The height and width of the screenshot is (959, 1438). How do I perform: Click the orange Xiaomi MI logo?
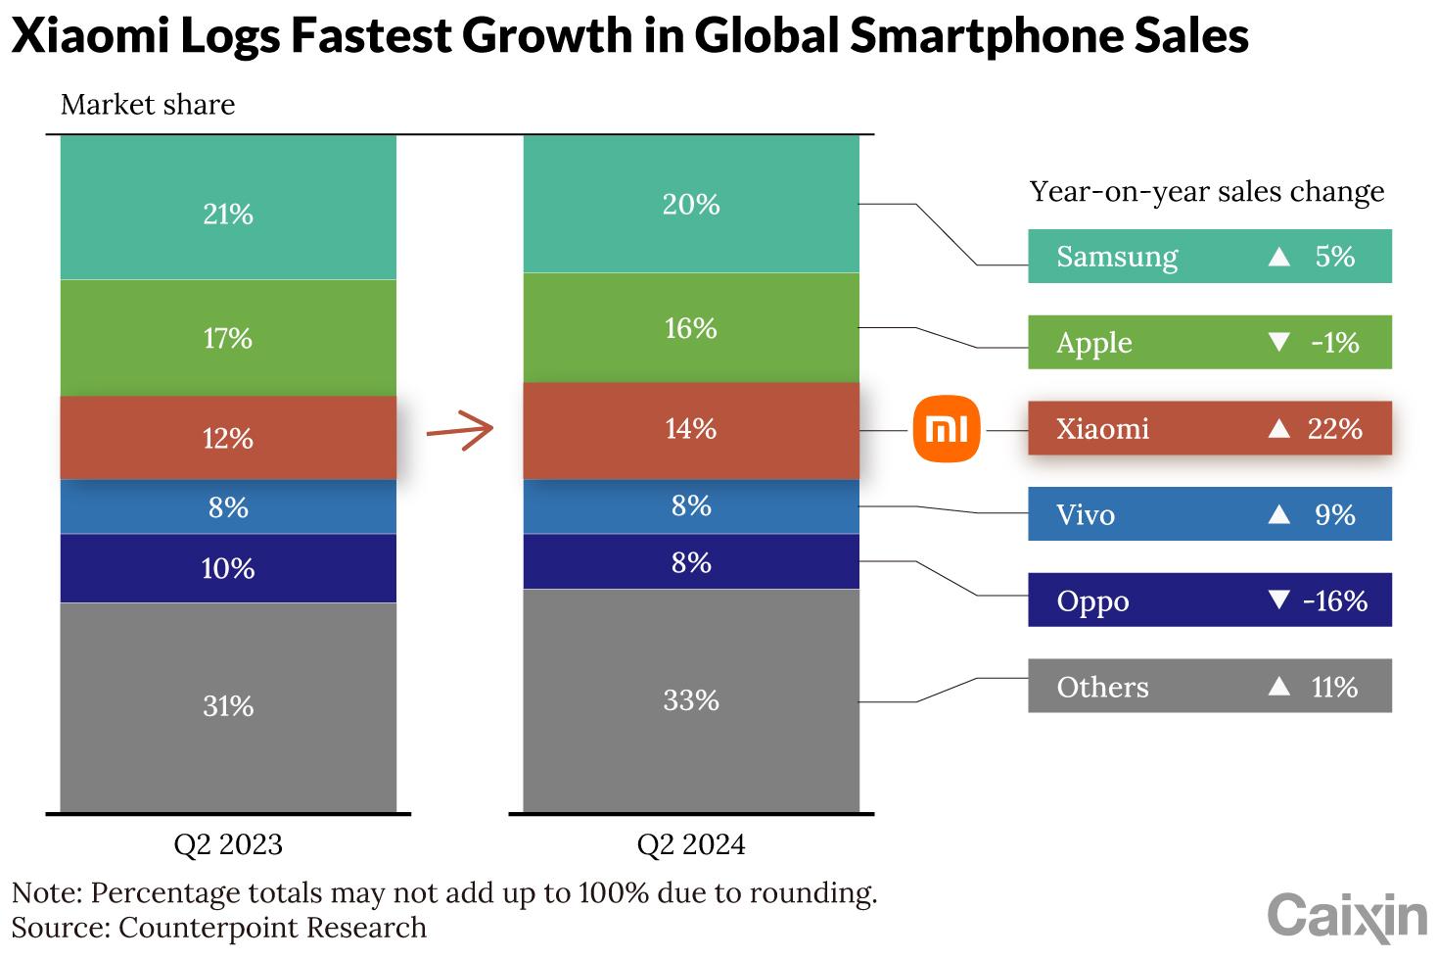(x=946, y=429)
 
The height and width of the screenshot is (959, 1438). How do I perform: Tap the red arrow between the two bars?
(x=460, y=430)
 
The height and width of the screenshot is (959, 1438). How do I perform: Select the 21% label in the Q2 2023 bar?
(x=228, y=214)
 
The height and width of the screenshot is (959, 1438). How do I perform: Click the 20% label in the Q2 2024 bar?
(x=691, y=204)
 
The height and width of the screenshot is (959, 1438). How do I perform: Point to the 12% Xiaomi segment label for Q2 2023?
(x=228, y=438)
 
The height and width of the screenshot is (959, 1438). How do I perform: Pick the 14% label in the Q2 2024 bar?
(x=691, y=428)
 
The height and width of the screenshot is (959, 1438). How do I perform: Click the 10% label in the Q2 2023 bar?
(x=228, y=568)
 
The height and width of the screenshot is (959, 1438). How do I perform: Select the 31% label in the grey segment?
(x=228, y=705)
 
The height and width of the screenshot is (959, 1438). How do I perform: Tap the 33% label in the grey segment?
(x=691, y=699)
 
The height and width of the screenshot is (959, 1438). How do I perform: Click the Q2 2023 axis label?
(x=228, y=844)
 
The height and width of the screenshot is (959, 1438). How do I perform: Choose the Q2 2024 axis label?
(x=691, y=844)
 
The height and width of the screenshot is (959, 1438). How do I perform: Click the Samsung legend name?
(x=1117, y=257)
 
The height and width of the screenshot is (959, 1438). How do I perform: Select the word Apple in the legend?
(x=1094, y=343)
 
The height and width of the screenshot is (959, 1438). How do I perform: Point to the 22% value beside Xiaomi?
(x=1335, y=428)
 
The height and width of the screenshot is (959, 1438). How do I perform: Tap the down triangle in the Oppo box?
(x=1278, y=599)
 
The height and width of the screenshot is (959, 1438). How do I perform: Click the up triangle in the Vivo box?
(x=1278, y=514)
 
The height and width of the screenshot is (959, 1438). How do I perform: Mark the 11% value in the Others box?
(x=1334, y=687)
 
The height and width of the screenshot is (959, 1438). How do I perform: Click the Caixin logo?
(x=1347, y=917)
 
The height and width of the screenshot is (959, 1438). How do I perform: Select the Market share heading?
(x=148, y=105)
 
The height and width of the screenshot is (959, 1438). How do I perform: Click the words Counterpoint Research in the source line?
(x=272, y=928)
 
